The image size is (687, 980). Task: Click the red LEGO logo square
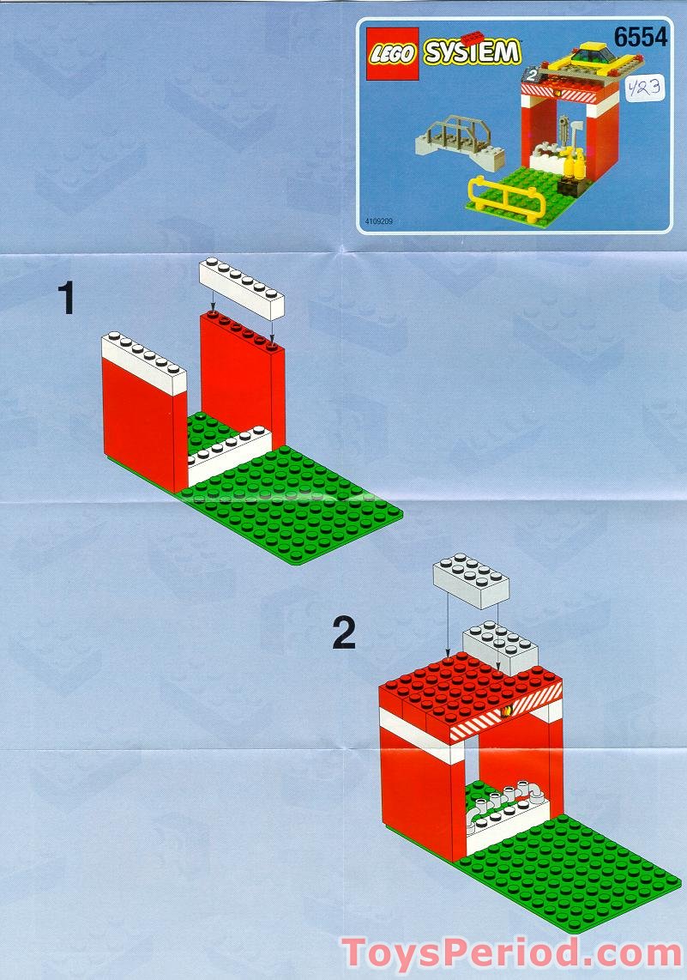394,53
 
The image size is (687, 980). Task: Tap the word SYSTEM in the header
471,53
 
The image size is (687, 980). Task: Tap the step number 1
66,300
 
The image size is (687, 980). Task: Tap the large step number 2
343,634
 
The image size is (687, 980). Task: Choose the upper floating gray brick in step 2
471,580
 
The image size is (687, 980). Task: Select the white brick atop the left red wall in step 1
144,360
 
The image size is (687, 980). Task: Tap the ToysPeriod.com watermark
512,953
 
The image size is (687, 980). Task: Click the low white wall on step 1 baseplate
227,456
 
